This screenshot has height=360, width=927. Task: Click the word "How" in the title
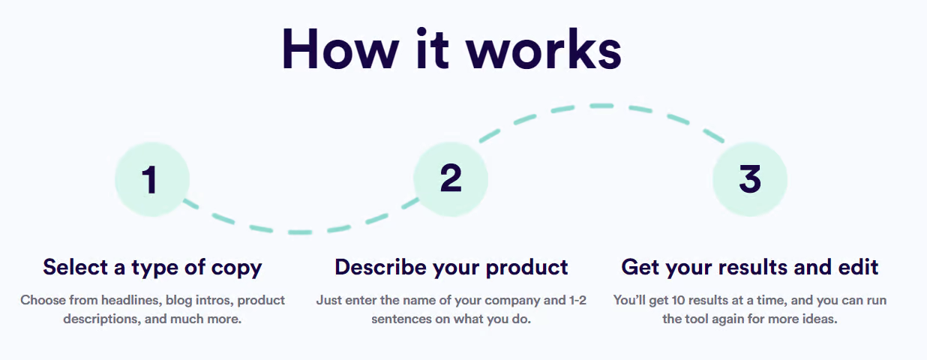[x=340, y=49]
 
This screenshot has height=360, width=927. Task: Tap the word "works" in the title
[x=544, y=49]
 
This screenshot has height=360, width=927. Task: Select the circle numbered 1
[x=152, y=179]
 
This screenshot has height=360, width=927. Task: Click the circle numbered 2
[x=451, y=179]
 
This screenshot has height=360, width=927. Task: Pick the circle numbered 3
[x=750, y=179]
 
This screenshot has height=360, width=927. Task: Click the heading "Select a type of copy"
[x=152, y=268]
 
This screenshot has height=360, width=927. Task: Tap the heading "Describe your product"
[x=451, y=268]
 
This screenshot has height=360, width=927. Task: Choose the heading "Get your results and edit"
[x=749, y=268]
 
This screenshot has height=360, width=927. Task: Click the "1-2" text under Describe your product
[x=577, y=301]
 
